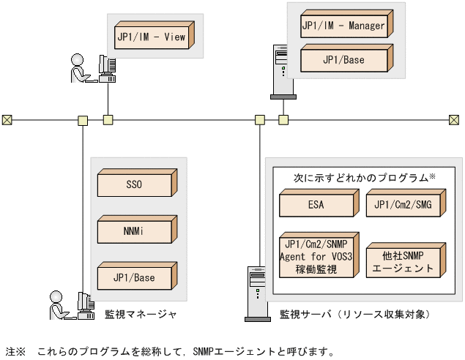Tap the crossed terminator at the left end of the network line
tap(7, 119)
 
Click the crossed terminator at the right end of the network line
tap(453, 119)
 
